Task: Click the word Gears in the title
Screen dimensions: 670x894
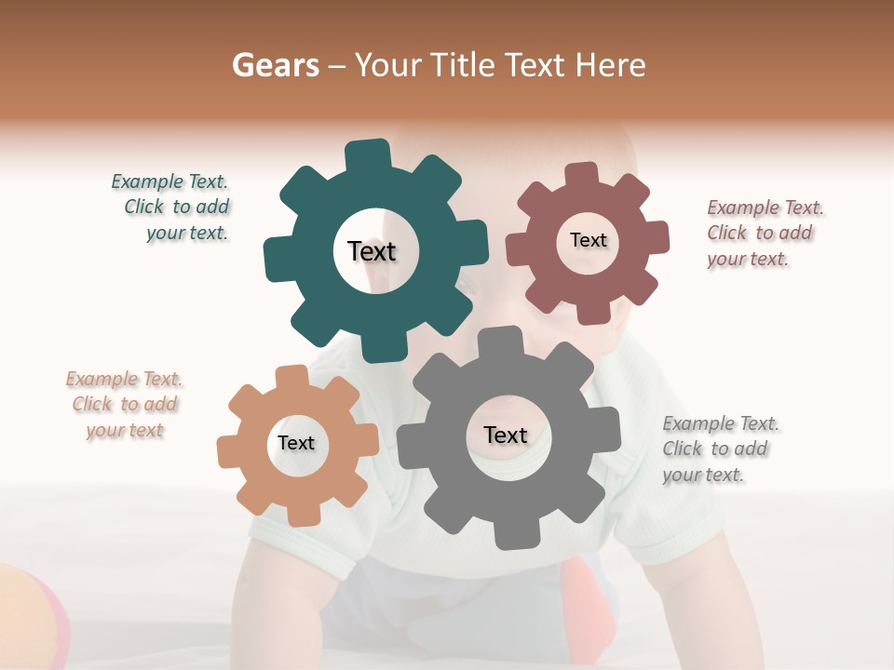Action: (276, 65)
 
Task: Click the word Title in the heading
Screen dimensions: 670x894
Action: (464, 65)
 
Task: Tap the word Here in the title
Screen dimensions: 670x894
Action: (610, 65)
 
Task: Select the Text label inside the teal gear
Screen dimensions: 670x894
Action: (372, 251)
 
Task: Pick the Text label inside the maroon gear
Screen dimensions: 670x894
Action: (589, 240)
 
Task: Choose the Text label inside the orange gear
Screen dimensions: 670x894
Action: (296, 443)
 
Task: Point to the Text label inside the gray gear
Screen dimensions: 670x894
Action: (506, 435)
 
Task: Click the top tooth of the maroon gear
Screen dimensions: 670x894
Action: (580, 175)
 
